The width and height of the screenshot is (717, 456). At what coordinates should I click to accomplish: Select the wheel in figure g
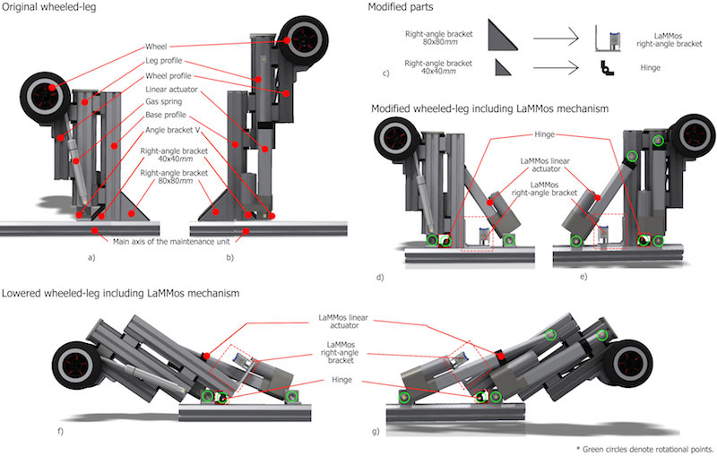[630, 368]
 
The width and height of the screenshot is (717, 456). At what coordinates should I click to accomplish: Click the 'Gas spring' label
[166, 103]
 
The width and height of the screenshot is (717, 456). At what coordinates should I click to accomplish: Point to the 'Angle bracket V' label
[174, 129]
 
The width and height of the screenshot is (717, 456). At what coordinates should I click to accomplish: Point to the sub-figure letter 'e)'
[583, 277]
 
